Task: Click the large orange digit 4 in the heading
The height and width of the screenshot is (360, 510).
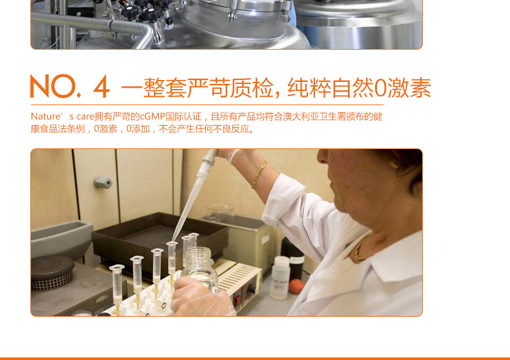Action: tap(101, 86)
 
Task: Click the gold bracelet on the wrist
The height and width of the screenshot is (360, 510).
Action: tap(260, 174)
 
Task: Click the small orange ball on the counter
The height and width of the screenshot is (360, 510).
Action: tap(296, 286)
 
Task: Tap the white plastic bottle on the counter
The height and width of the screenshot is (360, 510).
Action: tap(280, 278)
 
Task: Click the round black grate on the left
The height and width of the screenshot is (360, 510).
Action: tap(52, 272)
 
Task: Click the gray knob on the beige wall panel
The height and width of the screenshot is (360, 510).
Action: tap(103, 182)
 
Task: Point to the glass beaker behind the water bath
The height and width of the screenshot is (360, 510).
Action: tap(220, 212)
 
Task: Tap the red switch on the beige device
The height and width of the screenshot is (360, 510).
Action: tap(238, 300)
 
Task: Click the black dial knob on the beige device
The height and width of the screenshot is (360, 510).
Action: tap(251, 289)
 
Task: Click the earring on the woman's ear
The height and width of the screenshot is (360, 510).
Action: tap(394, 165)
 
